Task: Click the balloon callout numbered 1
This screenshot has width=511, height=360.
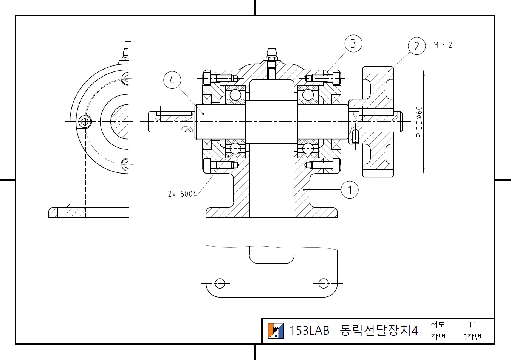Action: (350, 189)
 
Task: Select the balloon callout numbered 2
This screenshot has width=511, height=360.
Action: (417, 46)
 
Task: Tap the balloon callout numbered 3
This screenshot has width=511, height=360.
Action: (353, 43)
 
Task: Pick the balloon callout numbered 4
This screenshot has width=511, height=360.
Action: (172, 81)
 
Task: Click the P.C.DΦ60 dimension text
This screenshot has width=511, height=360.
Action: (419, 122)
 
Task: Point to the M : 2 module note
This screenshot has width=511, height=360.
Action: (443, 45)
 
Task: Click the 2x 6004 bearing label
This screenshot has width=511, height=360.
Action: (182, 194)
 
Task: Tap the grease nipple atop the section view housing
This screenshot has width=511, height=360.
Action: (271, 55)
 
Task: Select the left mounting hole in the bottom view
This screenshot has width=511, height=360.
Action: (220, 283)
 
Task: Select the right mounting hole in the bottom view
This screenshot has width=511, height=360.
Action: (324, 283)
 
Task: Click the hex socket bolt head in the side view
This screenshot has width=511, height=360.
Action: (85, 122)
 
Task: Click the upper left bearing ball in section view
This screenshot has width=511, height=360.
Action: (236, 94)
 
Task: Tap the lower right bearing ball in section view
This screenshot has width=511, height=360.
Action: (308, 148)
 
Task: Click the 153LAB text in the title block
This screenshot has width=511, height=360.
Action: (309, 331)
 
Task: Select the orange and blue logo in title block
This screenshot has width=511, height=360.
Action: (276, 331)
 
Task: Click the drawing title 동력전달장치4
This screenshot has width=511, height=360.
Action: (379, 331)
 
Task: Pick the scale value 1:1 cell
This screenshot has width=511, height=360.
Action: (472, 325)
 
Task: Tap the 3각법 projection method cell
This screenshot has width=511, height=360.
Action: (472, 337)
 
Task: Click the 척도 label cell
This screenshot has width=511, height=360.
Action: (438, 325)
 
